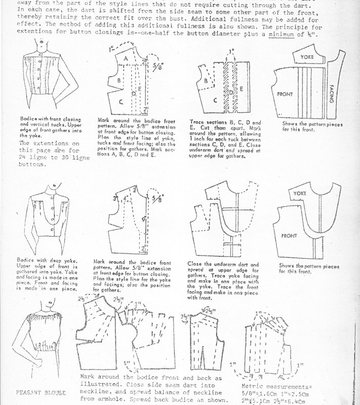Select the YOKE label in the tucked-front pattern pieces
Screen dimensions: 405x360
point(308,57)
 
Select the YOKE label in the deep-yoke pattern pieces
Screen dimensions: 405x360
point(299,193)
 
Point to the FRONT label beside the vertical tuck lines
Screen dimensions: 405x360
point(286,94)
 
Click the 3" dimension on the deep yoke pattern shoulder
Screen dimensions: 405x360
point(116,197)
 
